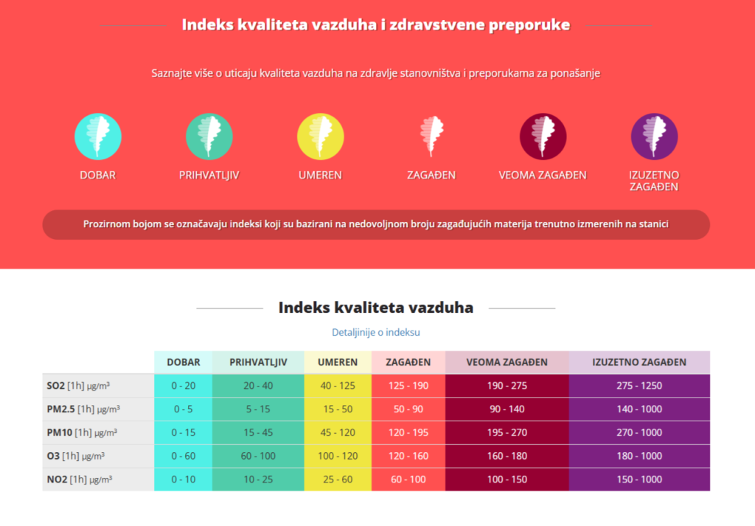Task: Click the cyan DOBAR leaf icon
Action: [98, 136]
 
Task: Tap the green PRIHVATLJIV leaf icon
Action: [209, 136]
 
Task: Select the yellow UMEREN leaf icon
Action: [320, 136]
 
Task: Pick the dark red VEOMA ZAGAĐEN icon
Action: [543, 136]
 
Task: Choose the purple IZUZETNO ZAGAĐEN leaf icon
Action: [654, 136]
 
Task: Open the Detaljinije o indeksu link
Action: [376, 333]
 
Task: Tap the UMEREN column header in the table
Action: [338, 362]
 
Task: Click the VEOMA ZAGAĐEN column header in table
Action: [507, 362]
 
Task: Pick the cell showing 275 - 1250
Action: [639, 386]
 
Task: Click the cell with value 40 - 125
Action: [338, 386]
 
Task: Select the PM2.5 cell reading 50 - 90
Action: [408, 409]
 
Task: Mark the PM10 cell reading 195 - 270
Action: [507, 433]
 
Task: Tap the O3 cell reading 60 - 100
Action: [257, 456]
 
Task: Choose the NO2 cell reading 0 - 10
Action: [183, 480]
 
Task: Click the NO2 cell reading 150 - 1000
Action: [639, 480]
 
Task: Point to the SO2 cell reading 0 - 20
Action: [183, 386]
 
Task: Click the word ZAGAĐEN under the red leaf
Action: [431, 176]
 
